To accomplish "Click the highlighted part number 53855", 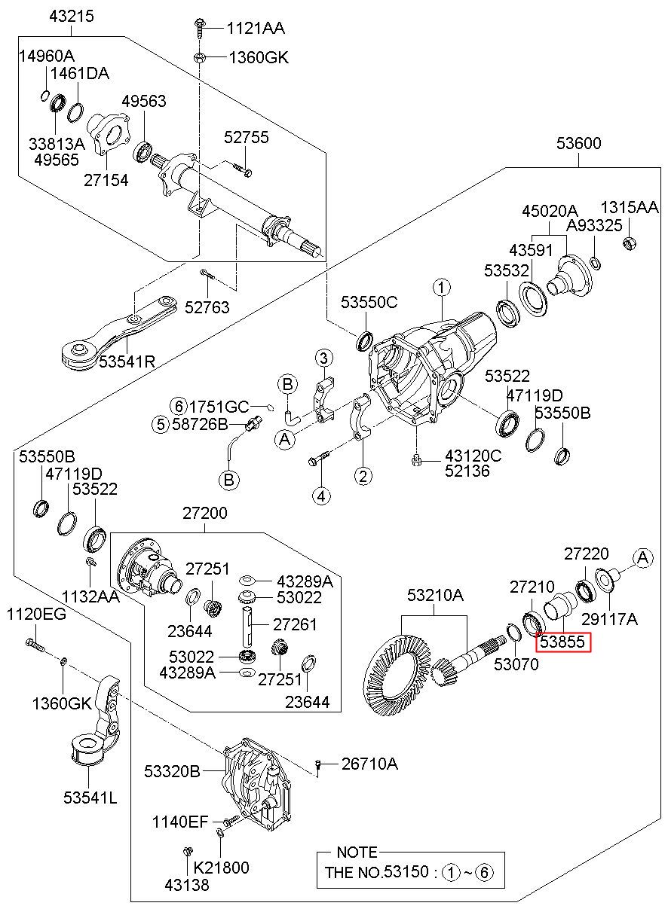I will coord(563,642).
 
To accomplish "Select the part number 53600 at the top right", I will coord(579,142).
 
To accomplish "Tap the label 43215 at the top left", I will coord(72,15).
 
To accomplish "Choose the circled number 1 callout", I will coord(441,287).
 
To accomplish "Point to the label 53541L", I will coord(90,797).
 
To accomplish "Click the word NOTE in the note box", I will coord(357,853).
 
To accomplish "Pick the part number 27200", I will coord(204,514).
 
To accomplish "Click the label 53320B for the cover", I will coord(172,771).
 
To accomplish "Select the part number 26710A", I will coord(369,764).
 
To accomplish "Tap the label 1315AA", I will coord(629,208).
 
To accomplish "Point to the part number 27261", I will coord(295,624).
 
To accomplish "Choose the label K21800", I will coord(221,868).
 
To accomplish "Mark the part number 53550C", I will coord(369,303).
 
